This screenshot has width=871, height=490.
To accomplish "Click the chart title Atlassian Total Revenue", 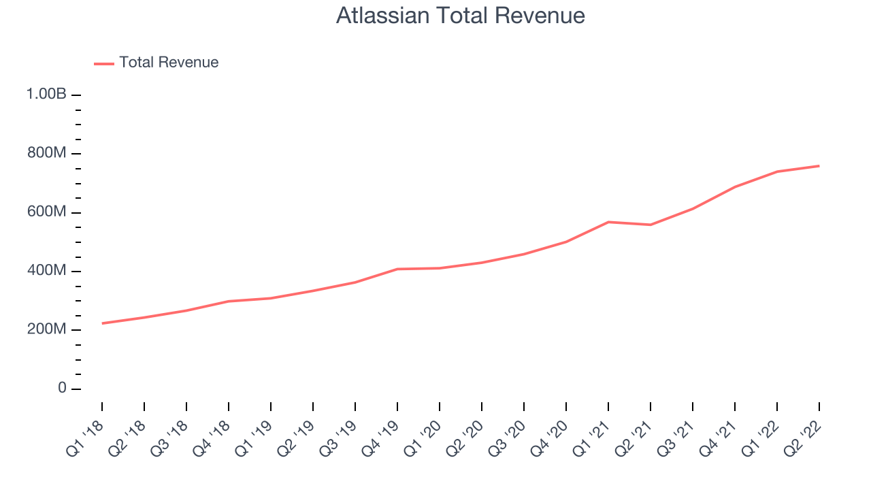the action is click(x=461, y=16).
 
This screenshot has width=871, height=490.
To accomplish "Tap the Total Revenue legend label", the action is click(x=169, y=62).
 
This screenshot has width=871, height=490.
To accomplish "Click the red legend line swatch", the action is click(x=104, y=64).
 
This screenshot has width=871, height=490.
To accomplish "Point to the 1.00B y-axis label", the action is click(x=46, y=94).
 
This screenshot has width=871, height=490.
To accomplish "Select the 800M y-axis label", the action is click(x=47, y=153).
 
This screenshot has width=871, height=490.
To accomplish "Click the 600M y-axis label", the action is click(x=47, y=212).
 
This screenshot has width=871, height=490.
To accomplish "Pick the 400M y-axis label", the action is click(x=47, y=270).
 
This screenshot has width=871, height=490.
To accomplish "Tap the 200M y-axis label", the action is click(x=47, y=329).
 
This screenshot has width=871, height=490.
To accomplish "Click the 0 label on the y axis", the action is click(x=62, y=388).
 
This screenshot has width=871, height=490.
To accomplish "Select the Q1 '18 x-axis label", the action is click(x=85, y=439).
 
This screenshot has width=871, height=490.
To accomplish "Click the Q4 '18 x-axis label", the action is click(x=212, y=439).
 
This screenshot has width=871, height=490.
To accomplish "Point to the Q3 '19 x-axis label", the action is click(x=338, y=439).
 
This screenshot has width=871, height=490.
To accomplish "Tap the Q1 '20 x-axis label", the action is click(x=423, y=439).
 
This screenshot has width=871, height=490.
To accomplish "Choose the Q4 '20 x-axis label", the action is click(x=549, y=439).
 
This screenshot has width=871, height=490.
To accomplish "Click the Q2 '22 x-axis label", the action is click(x=802, y=439).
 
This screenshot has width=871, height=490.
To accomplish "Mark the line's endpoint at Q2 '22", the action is click(x=819, y=166).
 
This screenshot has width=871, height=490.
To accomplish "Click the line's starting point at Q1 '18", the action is click(x=102, y=323).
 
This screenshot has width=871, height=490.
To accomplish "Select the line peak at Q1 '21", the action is click(x=608, y=222).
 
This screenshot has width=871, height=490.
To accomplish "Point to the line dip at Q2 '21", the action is click(x=651, y=225).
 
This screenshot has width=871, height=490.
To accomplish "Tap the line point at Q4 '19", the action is click(x=397, y=269).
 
